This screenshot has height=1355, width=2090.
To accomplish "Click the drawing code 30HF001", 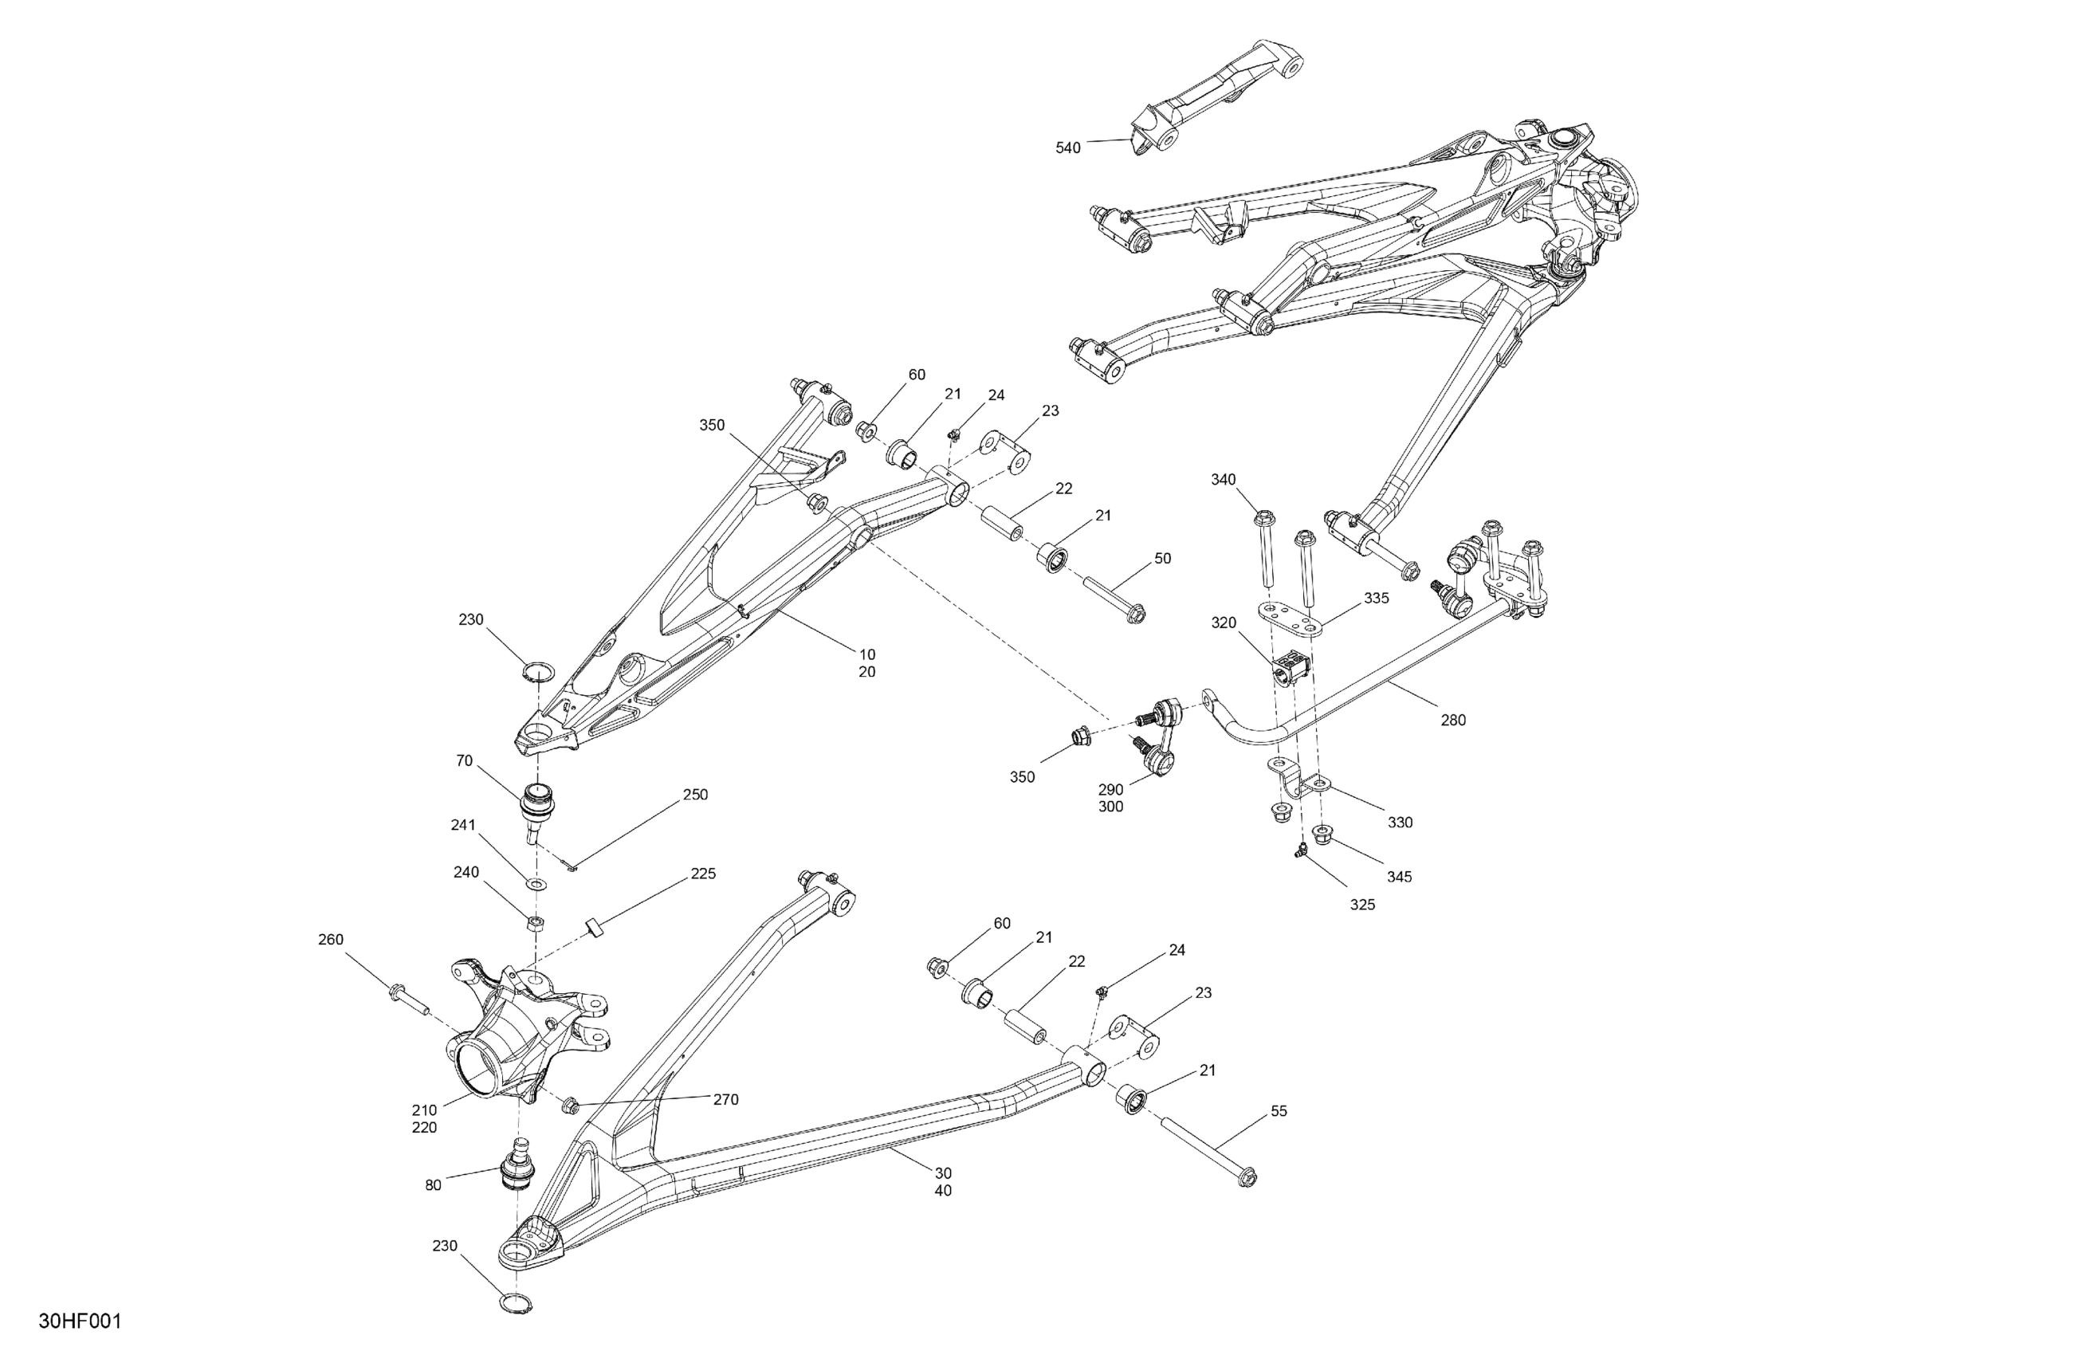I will click(80, 1321).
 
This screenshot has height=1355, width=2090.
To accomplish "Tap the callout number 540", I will click(1068, 148).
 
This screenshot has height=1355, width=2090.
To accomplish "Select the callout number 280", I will click(1453, 720).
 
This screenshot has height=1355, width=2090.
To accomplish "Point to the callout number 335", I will click(1376, 598).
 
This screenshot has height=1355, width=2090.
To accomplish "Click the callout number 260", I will click(330, 940).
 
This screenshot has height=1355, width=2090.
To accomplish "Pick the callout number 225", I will click(703, 874).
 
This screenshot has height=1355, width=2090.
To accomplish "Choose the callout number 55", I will click(1279, 1111).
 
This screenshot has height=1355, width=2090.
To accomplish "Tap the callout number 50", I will click(1162, 559).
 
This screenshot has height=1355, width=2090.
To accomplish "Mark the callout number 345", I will click(1400, 877).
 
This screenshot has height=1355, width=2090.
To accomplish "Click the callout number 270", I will click(725, 1099).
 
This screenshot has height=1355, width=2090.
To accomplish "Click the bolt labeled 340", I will click(1267, 549).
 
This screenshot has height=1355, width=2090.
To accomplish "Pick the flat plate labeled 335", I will click(1294, 621).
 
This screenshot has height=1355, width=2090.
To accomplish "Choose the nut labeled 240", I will click(533, 922).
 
